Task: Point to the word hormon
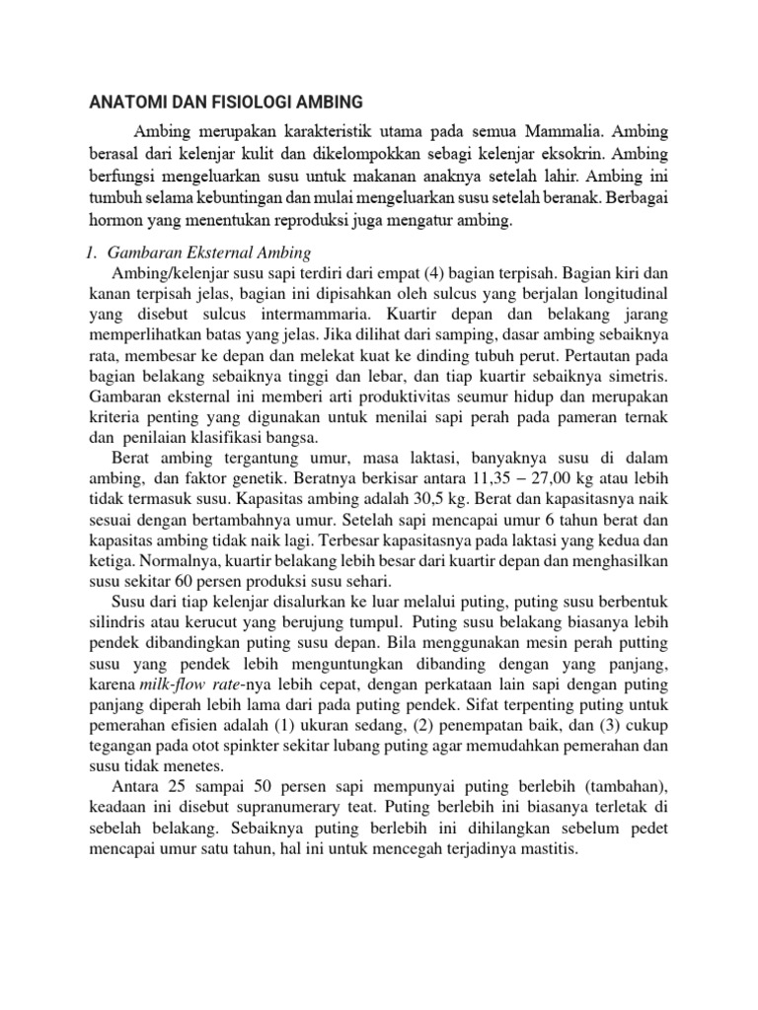(114, 222)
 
